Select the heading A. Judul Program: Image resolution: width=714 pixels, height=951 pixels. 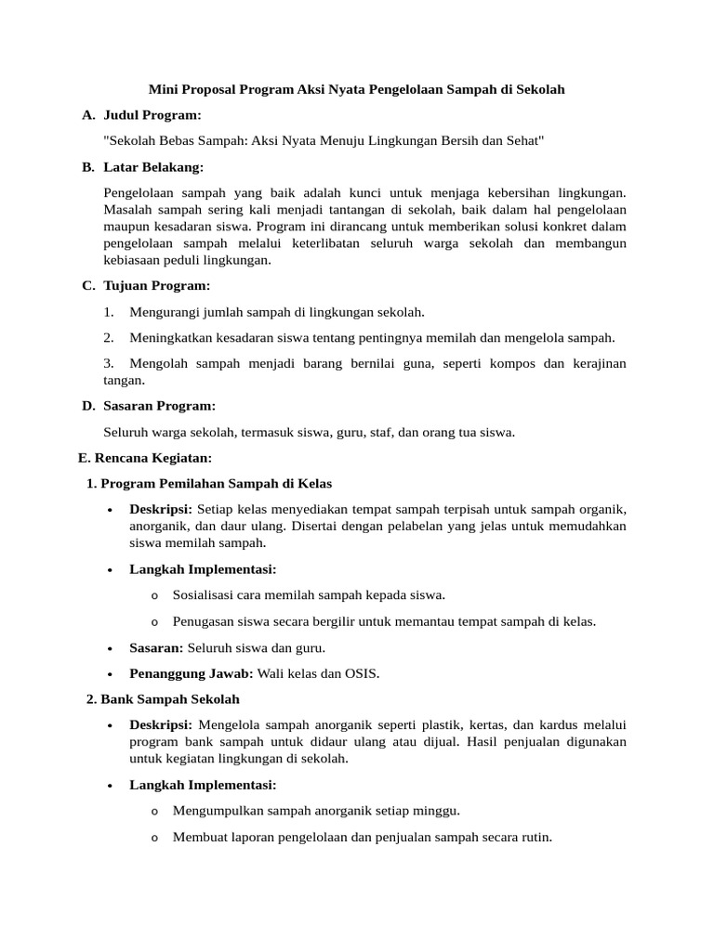click(141, 115)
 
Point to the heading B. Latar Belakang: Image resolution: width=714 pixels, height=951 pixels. click(143, 166)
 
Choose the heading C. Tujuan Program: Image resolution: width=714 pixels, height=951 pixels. click(146, 285)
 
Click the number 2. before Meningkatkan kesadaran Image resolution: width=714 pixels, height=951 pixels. click(109, 338)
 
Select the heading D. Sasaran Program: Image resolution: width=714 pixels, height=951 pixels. click(149, 406)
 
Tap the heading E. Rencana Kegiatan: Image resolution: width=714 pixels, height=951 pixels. click(144, 458)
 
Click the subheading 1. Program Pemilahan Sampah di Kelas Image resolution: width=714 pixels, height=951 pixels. click(208, 484)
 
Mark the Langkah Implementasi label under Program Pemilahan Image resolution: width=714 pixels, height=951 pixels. click(203, 568)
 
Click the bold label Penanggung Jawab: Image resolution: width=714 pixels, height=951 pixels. click(192, 673)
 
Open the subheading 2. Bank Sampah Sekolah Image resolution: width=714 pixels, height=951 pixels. click(163, 698)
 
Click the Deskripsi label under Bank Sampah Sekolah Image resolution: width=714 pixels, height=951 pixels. click(161, 724)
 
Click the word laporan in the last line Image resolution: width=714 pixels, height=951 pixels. click(246, 837)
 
